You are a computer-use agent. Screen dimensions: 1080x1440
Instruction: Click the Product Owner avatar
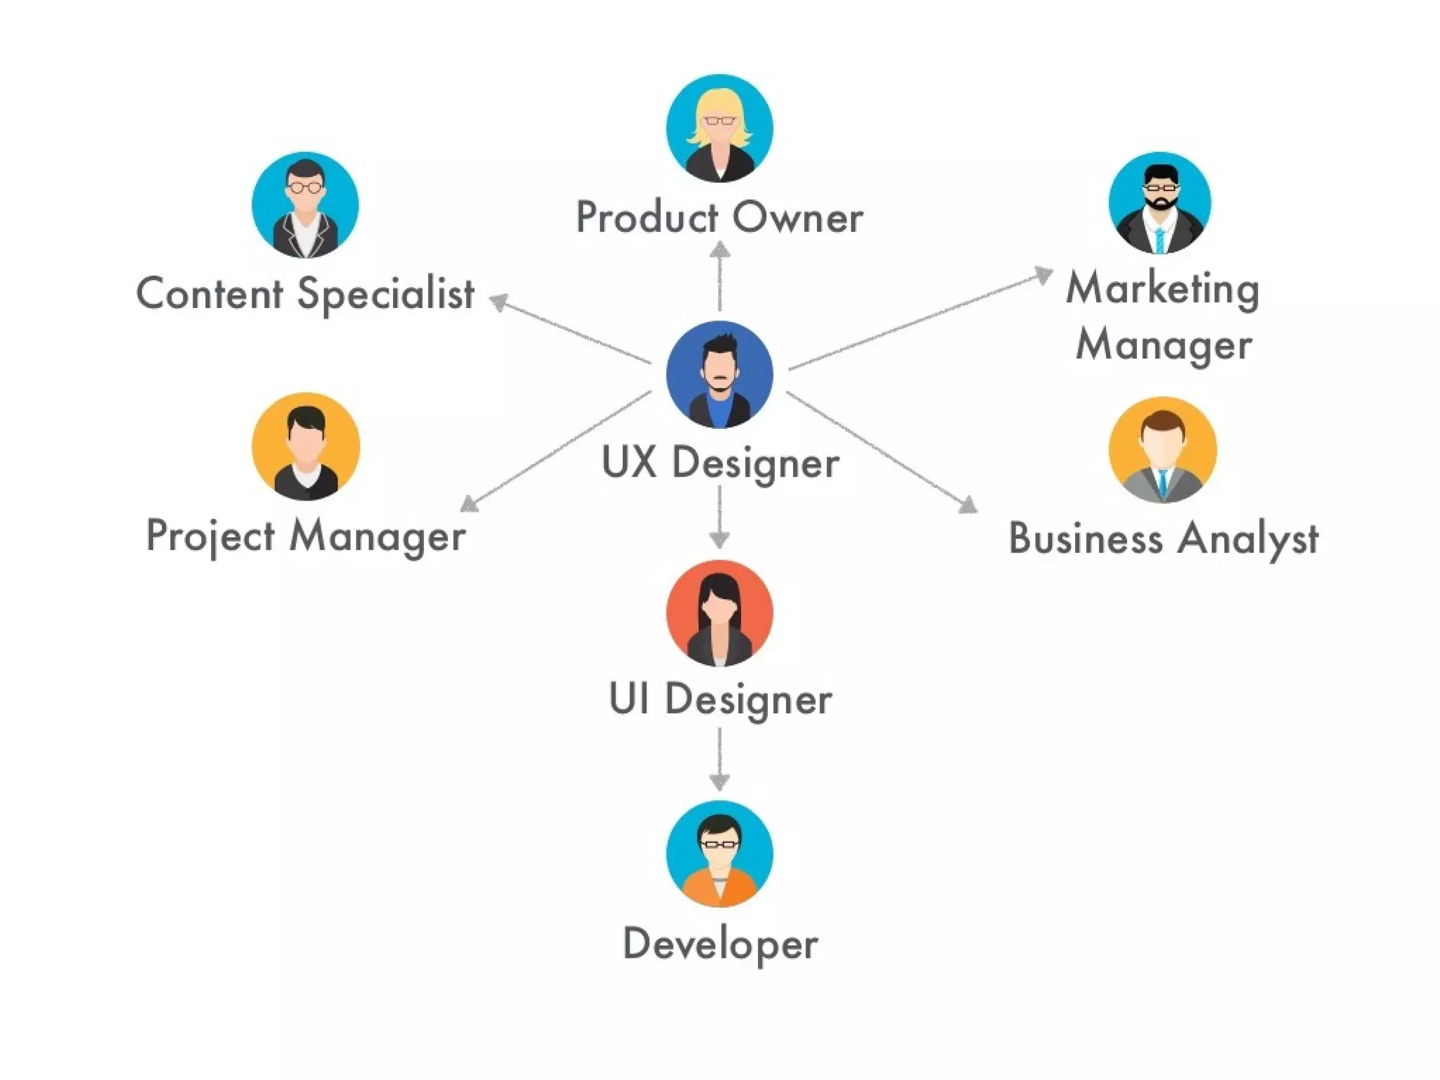pyautogui.click(x=719, y=128)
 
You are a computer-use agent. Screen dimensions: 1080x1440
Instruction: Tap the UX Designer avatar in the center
pyautogui.click(x=719, y=374)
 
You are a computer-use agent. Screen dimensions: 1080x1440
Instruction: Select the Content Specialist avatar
pyautogui.click(x=305, y=205)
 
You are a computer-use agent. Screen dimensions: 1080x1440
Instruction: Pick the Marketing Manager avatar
pyautogui.click(x=1160, y=202)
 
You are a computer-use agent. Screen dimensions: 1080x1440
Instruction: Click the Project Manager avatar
pyautogui.click(x=306, y=446)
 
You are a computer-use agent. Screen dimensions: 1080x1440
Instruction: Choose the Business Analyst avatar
pyautogui.click(x=1162, y=450)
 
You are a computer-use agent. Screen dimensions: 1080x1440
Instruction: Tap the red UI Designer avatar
pyautogui.click(x=719, y=613)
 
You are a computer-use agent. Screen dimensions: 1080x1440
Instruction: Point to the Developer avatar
pyautogui.click(x=719, y=854)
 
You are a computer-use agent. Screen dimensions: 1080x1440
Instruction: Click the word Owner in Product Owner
pyautogui.click(x=797, y=218)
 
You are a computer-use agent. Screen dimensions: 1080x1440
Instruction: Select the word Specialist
pyautogui.click(x=385, y=294)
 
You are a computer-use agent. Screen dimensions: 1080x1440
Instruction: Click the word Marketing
pyautogui.click(x=1162, y=289)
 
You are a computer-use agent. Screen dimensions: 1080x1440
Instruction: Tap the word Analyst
pyautogui.click(x=1248, y=539)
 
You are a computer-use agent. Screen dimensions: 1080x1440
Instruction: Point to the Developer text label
pyautogui.click(x=720, y=944)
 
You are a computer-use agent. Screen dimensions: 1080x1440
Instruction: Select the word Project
pyautogui.click(x=210, y=536)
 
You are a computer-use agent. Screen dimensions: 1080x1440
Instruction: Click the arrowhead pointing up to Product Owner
pyautogui.click(x=719, y=250)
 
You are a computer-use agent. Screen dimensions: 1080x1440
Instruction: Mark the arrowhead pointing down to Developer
pyautogui.click(x=719, y=781)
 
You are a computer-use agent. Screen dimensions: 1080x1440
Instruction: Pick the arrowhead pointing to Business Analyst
pyautogui.click(x=969, y=505)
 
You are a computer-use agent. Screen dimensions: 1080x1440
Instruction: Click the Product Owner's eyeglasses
pyautogui.click(x=719, y=121)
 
